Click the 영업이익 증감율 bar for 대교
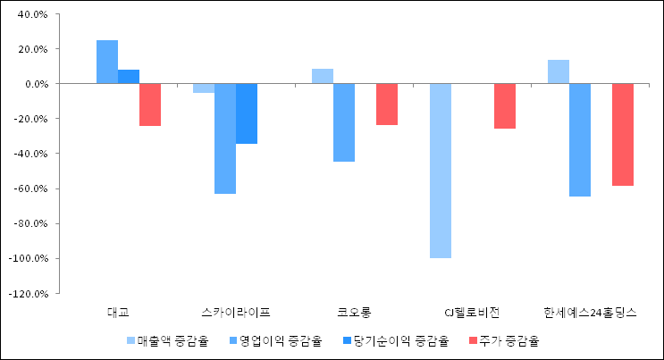point(107,62)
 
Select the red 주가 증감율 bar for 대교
point(150,105)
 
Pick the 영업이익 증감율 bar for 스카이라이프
point(225,138)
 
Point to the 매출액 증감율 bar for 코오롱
point(323,76)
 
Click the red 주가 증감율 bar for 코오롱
point(387,105)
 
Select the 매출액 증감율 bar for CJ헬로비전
point(441,171)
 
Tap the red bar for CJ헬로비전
point(505,106)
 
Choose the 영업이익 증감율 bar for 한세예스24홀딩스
point(580,140)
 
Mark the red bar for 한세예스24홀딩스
point(623,135)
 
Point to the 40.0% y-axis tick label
point(33,14)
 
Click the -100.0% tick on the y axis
point(29,259)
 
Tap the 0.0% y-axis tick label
point(36,84)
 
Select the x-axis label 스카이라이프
point(236,313)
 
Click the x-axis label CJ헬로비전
point(472,313)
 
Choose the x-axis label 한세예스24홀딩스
point(590,313)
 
